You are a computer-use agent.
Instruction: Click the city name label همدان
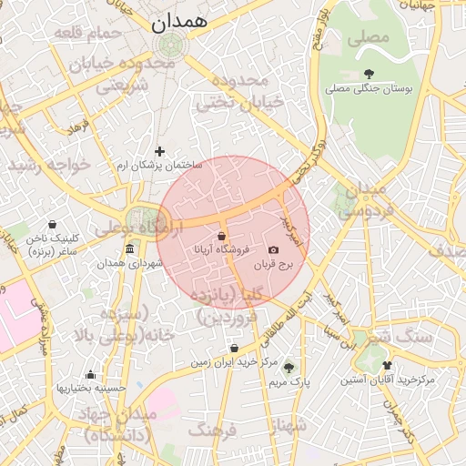179,20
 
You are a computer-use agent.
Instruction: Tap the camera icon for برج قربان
274,249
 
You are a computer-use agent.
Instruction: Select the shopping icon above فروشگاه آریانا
222,236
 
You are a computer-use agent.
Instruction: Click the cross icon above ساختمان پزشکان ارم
160,151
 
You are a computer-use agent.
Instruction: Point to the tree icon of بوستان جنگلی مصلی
368,74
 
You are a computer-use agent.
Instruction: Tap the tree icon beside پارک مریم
289,368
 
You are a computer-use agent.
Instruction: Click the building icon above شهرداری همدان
129,249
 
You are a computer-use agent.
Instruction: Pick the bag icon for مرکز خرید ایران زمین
235,348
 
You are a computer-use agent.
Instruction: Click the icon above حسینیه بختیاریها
90,374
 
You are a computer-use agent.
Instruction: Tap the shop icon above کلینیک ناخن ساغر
51,224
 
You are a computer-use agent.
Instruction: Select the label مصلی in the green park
368,38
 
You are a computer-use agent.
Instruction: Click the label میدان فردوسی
362,200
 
